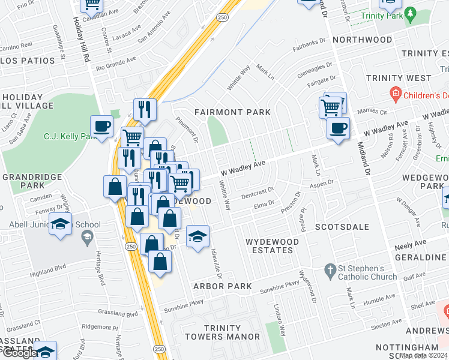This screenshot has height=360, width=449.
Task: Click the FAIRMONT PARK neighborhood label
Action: click(x=232, y=112)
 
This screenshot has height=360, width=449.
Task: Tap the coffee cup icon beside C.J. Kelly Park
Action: click(x=101, y=127)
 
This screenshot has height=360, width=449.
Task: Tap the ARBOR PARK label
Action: click(x=222, y=286)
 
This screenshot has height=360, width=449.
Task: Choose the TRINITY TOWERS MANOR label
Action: click(x=231, y=332)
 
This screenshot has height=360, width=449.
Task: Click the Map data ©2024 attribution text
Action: click(x=423, y=355)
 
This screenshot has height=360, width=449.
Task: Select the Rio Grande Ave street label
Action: click(x=116, y=64)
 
